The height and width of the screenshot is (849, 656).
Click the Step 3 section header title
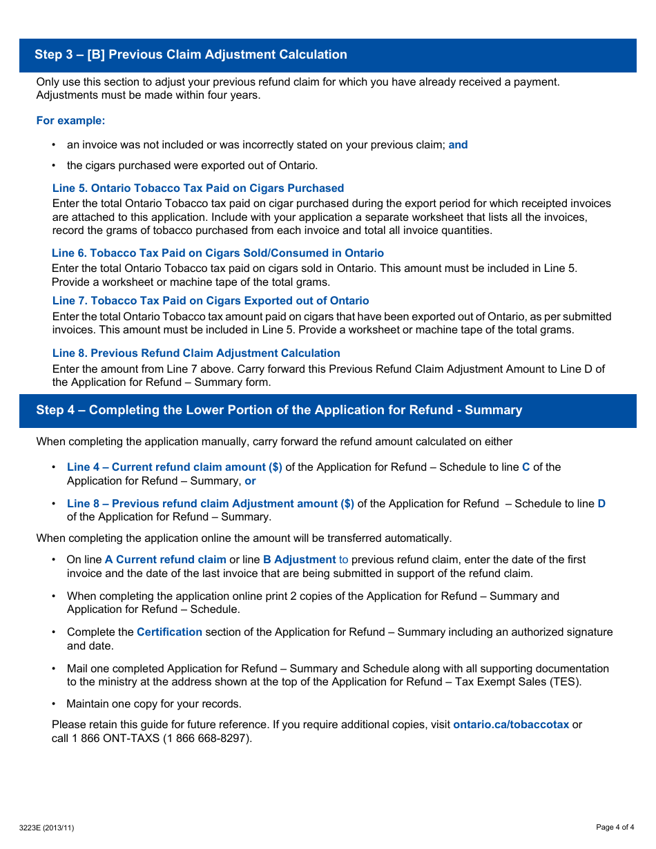coord(191,55)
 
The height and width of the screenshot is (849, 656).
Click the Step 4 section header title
coord(279,410)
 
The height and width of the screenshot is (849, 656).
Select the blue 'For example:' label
coord(70,121)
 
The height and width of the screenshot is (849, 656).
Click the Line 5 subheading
coord(197,188)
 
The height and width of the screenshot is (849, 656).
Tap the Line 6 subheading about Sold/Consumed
coord(218,253)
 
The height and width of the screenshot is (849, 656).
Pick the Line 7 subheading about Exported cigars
coord(211,301)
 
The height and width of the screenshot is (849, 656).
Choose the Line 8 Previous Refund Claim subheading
coord(196,353)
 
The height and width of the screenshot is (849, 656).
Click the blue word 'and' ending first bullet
coord(458,145)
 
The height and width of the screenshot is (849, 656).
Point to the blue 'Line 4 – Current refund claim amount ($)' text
coord(174,467)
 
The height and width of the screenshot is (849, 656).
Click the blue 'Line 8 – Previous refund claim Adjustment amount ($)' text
coord(210,504)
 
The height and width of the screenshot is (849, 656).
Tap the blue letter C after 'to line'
coord(525,467)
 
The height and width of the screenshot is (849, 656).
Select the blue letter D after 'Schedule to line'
coord(601,504)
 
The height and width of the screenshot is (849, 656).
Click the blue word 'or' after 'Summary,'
coord(250,481)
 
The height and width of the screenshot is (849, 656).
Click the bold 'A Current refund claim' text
coord(165,560)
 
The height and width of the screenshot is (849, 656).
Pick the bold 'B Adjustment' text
coord(299,560)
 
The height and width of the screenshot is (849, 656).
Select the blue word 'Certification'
coord(169,632)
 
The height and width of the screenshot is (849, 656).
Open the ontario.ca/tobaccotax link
coord(511,725)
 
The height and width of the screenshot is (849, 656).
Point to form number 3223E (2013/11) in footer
coord(46,828)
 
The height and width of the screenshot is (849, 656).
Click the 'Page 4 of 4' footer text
coord(615,828)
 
